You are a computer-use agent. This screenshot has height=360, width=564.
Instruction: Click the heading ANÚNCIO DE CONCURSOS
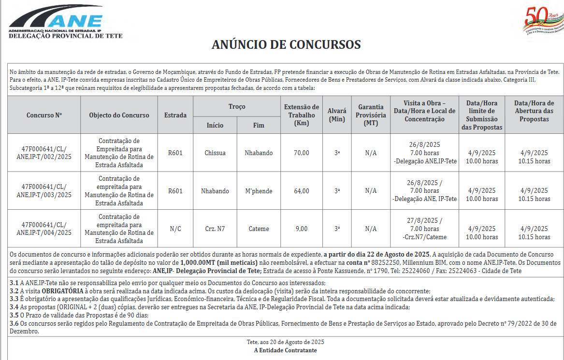[x=286, y=45]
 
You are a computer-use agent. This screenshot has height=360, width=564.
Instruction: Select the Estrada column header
[x=175, y=115]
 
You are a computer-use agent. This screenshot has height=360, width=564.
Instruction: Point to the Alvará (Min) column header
[x=337, y=115]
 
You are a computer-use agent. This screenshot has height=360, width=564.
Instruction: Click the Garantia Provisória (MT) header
[x=371, y=115]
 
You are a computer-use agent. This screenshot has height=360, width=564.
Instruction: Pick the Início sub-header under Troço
[x=215, y=125]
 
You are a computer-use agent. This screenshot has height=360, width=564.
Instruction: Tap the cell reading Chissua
[x=215, y=153]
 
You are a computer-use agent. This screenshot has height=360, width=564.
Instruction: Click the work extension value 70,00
[x=302, y=153]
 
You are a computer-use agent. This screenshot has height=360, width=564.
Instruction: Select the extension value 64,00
[x=302, y=191]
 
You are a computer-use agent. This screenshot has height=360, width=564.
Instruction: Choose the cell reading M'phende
[x=259, y=191]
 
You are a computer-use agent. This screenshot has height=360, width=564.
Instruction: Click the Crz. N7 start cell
[x=215, y=229]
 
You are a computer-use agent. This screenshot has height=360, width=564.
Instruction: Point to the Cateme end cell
[x=259, y=229]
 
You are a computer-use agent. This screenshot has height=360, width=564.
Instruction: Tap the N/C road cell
[x=175, y=229]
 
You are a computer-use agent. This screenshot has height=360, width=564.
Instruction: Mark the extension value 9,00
[x=302, y=229]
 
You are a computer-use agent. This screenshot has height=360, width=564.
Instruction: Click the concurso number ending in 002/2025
[x=44, y=153]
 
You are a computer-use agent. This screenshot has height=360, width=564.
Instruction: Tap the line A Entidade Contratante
[x=285, y=350]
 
